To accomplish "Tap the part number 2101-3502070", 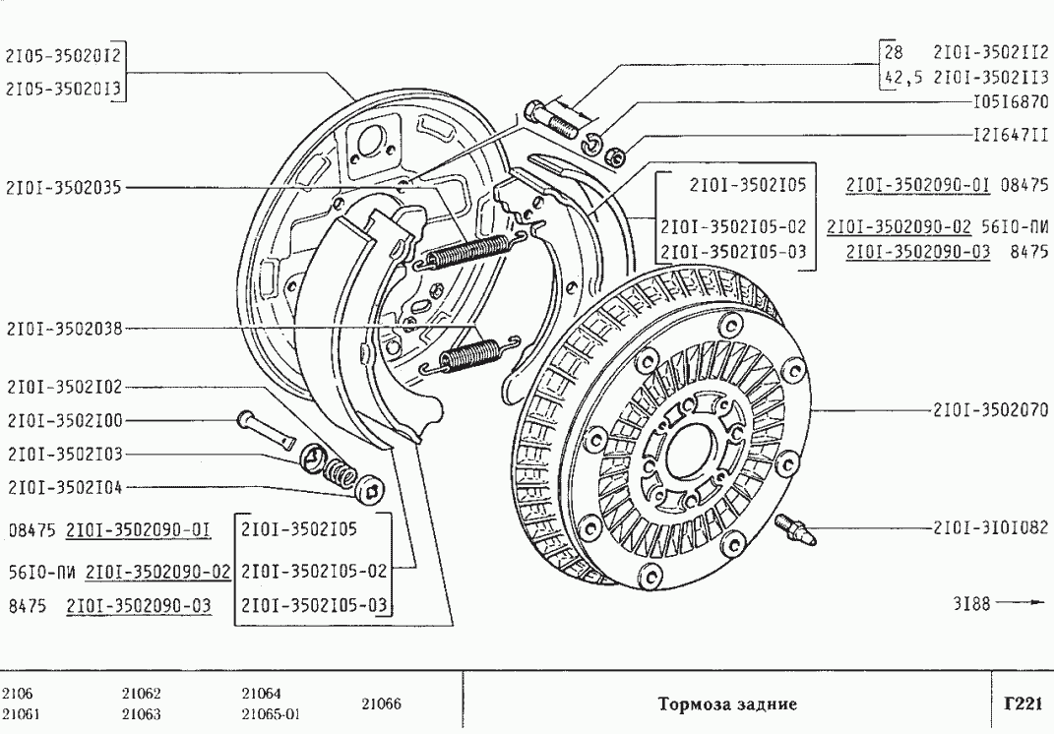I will (x=988, y=409).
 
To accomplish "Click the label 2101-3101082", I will (x=988, y=526).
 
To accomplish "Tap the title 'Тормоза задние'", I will (x=725, y=703).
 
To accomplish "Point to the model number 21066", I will (x=379, y=703).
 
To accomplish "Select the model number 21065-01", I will (x=271, y=714).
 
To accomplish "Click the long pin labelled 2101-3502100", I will (x=266, y=429).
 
